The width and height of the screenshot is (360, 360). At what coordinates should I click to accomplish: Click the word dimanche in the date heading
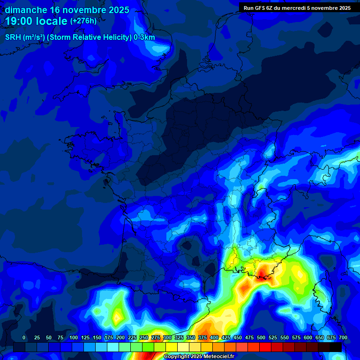click(26, 10)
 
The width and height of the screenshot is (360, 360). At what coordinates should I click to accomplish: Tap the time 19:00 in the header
click(21, 22)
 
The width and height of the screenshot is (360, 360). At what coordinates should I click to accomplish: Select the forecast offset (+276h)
click(83, 21)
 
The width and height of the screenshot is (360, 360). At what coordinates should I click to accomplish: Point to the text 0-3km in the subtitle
click(144, 37)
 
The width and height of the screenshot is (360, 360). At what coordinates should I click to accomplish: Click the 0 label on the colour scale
click(24, 337)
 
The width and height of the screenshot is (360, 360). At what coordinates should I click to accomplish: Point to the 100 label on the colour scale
click(74, 337)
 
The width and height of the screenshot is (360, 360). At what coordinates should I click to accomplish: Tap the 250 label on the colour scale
click(144, 337)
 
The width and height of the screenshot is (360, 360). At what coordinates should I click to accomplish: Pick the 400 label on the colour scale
click(214, 337)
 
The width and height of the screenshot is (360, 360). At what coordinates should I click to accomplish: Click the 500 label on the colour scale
click(261, 337)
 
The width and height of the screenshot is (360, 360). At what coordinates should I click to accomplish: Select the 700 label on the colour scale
click(343, 337)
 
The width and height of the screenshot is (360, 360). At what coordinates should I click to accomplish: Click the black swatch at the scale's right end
click(336, 347)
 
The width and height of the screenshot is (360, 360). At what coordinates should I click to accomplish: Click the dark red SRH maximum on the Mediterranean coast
click(262, 271)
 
